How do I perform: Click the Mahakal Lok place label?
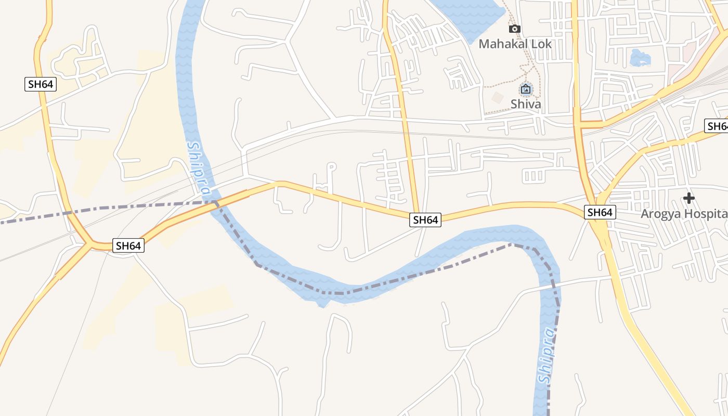pos(515,44)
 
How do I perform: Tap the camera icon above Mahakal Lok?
pos(515,29)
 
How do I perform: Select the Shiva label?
pos(526,104)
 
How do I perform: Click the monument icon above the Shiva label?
pos(526,89)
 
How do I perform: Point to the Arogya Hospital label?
pos(683,214)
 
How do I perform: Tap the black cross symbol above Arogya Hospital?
pos(689,198)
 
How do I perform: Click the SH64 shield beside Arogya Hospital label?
pos(600,212)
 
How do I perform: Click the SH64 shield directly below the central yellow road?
pos(425,220)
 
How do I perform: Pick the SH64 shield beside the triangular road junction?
pos(128,246)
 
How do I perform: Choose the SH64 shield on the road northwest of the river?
pos(41,84)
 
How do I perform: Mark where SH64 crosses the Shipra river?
pos(214,203)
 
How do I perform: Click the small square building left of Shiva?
pos(498,97)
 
